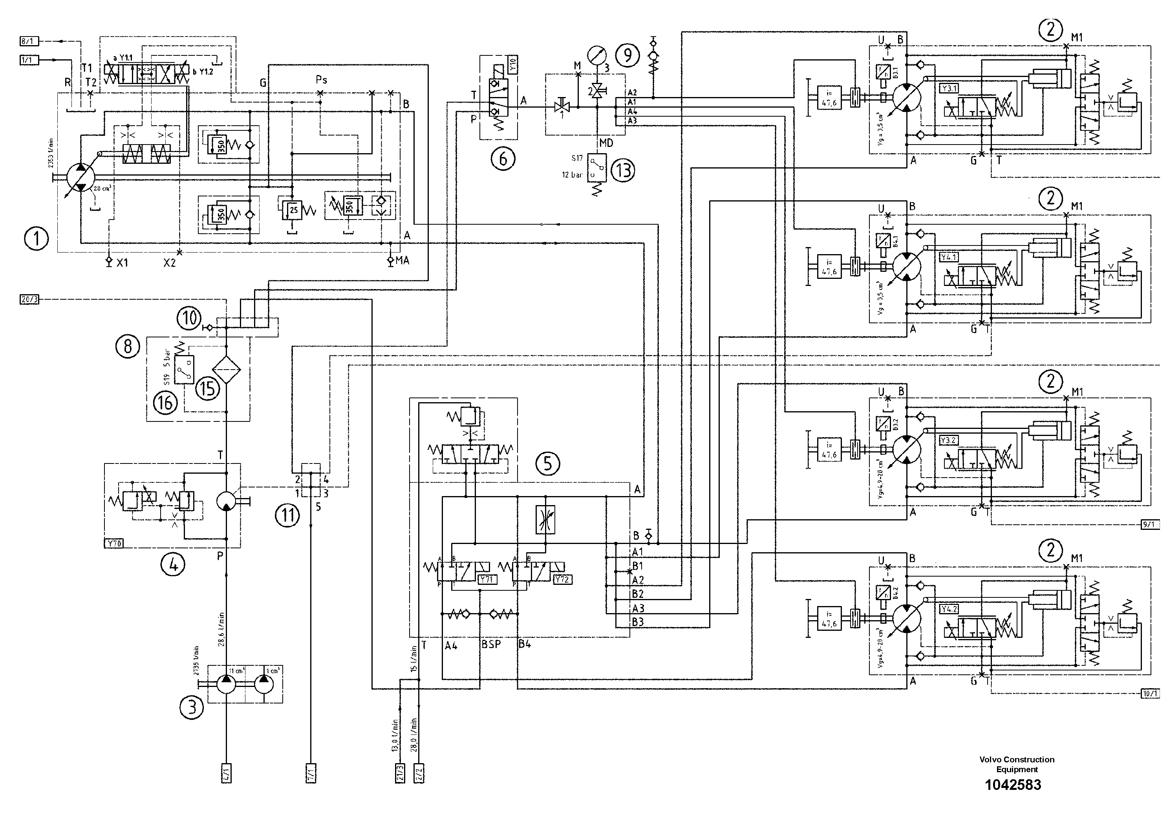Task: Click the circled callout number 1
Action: click(37, 238)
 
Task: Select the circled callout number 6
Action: click(503, 159)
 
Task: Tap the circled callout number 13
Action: click(623, 170)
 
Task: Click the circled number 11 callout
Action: click(288, 515)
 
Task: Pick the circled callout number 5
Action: click(547, 463)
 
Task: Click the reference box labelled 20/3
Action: click(29, 299)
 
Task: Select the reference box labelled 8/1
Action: click(29, 41)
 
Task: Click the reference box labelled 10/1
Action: click(1151, 694)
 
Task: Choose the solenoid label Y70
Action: click(114, 543)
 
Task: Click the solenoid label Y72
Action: click(562, 579)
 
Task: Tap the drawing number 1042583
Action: click(1013, 785)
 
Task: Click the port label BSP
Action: click(491, 645)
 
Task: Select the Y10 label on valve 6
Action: click(513, 65)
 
